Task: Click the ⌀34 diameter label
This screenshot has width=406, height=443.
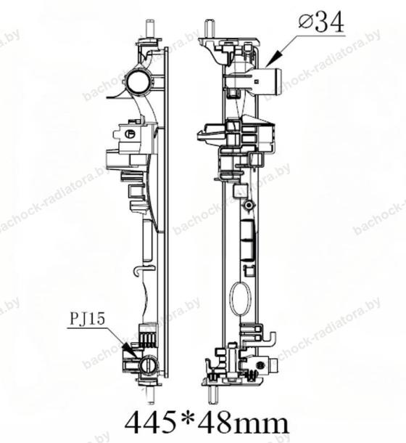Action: coord(321,23)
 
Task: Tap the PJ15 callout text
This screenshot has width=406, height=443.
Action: coord(87,319)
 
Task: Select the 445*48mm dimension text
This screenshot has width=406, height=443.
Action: coord(207,423)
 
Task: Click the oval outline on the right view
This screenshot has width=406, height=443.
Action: coord(240,298)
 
